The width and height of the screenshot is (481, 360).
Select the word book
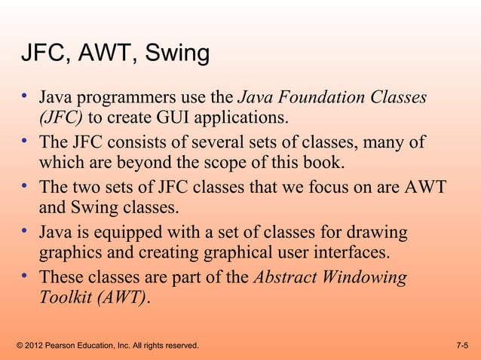coord(324,163)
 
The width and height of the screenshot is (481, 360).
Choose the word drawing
coord(374,233)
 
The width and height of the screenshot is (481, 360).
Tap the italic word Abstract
coord(286,277)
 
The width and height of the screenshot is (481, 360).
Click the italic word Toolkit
coord(64,298)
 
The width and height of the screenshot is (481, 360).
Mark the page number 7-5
coord(462,346)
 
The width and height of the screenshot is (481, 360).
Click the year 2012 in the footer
coord(36,346)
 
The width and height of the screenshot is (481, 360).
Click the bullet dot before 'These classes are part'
coord(25,276)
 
